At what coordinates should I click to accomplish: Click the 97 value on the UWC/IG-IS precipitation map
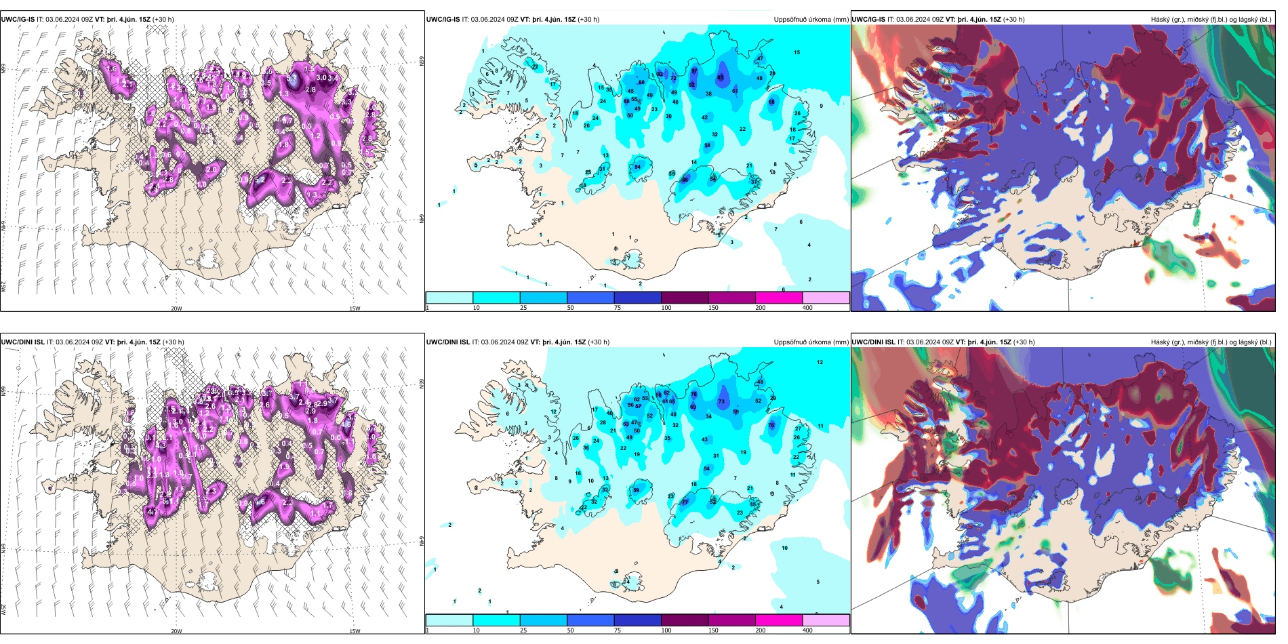[694, 71]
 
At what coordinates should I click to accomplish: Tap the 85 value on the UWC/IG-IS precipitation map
[721, 77]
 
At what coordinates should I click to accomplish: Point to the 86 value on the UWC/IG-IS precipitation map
[685, 180]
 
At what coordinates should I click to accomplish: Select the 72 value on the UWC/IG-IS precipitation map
[674, 79]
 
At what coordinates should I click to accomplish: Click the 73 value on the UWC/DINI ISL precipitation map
[722, 401]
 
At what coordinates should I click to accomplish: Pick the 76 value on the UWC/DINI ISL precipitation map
[771, 426]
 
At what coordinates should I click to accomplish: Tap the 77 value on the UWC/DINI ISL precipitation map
[685, 502]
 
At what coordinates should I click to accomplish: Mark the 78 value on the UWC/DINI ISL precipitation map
[693, 394]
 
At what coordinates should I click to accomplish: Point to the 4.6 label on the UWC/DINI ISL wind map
[348, 424]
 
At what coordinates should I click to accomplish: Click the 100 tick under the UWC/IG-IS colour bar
[666, 308]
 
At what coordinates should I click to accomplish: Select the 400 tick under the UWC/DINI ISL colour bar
[807, 630]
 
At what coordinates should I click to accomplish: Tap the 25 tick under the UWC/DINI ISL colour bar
[523, 630]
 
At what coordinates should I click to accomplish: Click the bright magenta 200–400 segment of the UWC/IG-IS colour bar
[779, 298]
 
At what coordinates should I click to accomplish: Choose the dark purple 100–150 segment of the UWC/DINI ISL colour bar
[685, 620]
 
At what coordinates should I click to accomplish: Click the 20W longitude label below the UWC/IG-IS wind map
[176, 308]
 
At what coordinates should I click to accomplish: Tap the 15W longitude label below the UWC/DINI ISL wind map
[355, 631]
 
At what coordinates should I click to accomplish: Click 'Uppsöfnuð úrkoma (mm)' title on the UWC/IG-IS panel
[811, 20]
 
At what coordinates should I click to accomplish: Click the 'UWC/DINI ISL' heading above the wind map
[23, 342]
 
